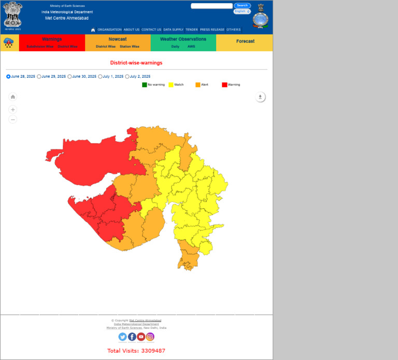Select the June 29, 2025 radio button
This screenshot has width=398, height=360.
click(39, 77)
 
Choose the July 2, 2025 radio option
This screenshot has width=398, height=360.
click(127, 77)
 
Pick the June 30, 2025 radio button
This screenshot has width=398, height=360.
click(70, 77)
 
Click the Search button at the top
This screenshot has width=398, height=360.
click(242, 6)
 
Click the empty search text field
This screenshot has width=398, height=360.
click(211, 6)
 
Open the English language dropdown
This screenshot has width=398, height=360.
click(242, 11)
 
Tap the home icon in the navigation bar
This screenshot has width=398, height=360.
click(93, 30)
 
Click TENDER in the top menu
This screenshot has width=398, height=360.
click(192, 30)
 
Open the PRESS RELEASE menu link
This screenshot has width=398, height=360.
click(212, 30)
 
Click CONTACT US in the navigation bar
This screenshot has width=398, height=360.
click(151, 30)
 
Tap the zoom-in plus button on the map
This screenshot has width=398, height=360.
click(13, 110)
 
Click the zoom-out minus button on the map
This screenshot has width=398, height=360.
click(13, 120)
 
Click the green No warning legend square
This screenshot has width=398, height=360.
click(145, 84)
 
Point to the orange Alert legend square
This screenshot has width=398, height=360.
click(198, 84)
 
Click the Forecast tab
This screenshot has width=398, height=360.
click(245, 41)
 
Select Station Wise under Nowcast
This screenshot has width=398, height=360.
click(130, 47)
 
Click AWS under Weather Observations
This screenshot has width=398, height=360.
click(191, 47)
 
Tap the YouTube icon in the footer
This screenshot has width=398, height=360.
click(141, 337)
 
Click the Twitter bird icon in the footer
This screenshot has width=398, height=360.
click(123, 337)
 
